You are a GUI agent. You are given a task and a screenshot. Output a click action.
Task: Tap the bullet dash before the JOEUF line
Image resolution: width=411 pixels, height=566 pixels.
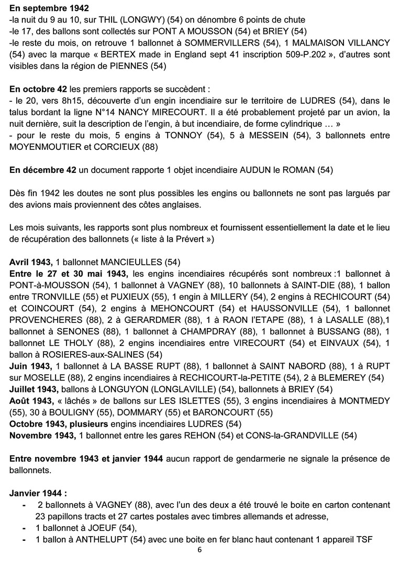25,528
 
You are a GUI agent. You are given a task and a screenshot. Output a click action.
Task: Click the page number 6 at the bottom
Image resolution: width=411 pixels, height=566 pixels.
199,550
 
